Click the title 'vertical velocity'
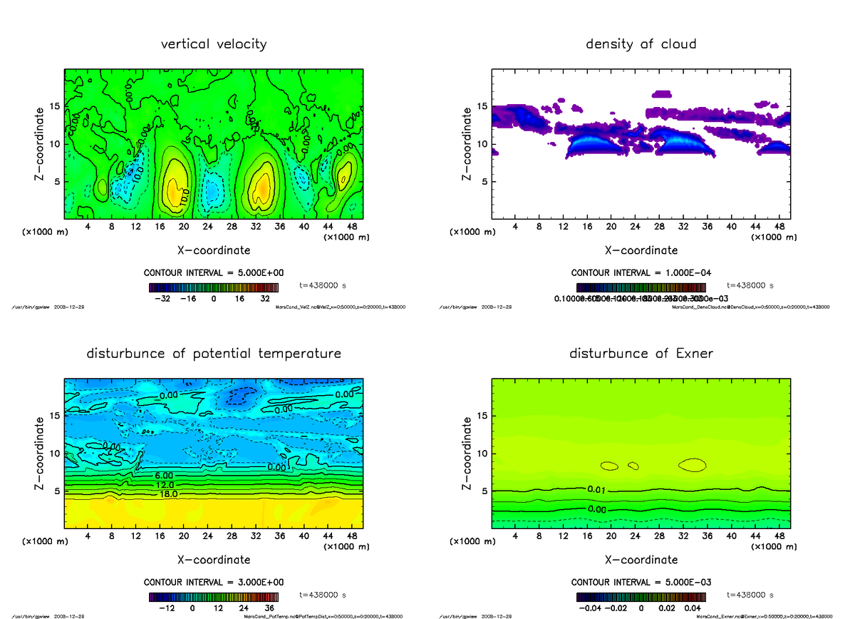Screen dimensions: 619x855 [x=214, y=44]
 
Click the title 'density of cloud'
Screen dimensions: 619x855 [x=641, y=44]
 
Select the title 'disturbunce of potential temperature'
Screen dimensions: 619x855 [x=214, y=354]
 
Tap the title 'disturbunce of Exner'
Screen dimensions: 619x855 [x=641, y=354]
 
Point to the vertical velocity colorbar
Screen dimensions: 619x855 [x=214, y=288]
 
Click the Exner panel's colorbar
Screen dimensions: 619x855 [x=641, y=598]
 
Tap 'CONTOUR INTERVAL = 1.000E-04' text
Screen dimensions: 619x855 [x=641, y=272]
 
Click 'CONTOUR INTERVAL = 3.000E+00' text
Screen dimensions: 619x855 [x=214, y=582]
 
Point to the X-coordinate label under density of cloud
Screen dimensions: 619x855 [x=641, y=250]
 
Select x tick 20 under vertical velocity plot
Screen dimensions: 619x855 [x=184, y=227]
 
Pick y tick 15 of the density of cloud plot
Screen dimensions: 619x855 [x=482, y=107]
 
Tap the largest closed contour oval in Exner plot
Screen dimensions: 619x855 [x=692, y=465]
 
